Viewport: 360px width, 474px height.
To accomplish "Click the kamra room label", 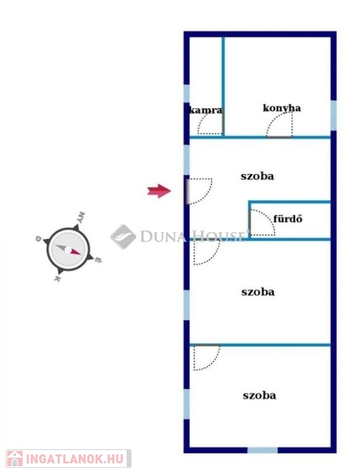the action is point(206,110).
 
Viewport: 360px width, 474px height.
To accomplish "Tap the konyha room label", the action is point(282,108).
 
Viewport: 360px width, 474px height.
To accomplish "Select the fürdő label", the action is point(288,218).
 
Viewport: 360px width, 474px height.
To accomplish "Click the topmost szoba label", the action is point(257,176).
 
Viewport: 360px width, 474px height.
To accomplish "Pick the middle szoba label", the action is point(258,292).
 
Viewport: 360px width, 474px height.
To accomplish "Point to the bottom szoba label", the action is point(259,396).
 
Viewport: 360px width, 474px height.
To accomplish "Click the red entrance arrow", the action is point(159,191).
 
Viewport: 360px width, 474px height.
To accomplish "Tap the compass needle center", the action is point(69,250).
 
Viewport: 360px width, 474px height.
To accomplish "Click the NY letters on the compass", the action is point(80,217).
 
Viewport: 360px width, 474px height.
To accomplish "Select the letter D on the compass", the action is point(38,238).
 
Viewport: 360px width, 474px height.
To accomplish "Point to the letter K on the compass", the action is point(57,278).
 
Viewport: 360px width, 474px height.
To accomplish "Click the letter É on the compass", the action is point(98,259).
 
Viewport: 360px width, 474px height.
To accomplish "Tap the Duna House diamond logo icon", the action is point(123,237).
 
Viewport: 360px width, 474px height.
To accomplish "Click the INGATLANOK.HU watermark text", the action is point(75,459).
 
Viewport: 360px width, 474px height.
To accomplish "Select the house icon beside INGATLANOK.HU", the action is point(15,459).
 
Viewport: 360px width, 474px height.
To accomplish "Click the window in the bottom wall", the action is point(262,450).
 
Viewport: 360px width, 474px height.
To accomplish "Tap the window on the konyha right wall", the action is point(333,115).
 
